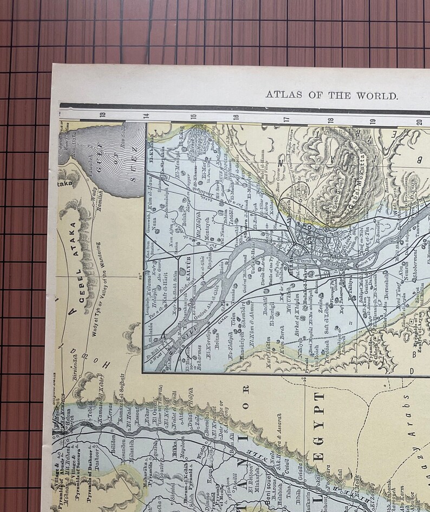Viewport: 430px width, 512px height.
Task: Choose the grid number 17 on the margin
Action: pos(286,119)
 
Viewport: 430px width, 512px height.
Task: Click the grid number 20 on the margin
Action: pos(419,120)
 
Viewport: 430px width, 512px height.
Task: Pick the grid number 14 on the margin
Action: pos(145,115)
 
